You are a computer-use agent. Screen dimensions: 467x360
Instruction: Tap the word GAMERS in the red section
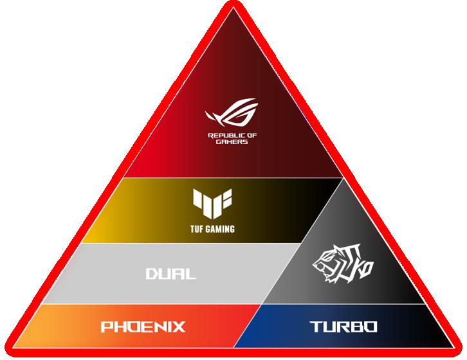232,142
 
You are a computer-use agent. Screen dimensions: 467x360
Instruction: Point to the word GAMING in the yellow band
221,228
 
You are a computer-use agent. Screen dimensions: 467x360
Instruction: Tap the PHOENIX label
143,327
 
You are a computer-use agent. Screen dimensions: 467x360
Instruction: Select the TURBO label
343,327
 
